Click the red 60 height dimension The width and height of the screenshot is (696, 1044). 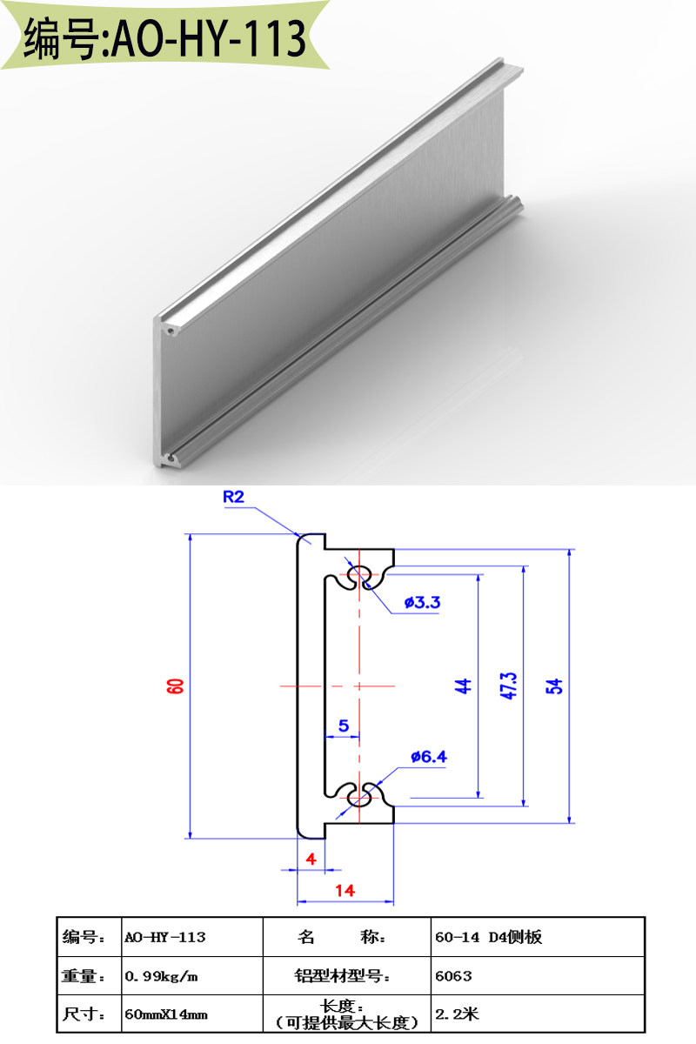pos(176,686)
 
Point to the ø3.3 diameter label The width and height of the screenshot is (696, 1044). pos(423,602)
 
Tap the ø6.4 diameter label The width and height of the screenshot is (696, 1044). pos(429,757)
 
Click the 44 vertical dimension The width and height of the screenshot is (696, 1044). pos(464,686)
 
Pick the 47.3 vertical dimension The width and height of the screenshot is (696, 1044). pos(510,686)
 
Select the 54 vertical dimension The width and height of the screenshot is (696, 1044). pos(556,686)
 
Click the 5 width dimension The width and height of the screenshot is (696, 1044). pos(343,725)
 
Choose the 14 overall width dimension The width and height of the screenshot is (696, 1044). pos(345,890)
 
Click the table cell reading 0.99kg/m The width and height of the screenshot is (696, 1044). pos(162,976)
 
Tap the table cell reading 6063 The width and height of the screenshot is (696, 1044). pos(453,976)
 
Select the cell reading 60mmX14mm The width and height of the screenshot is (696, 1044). pos(166,1014)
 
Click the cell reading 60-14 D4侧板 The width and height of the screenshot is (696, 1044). pos(487,937)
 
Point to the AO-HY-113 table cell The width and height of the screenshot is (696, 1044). pos(165,937)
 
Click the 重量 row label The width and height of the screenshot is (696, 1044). pos(84,976)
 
